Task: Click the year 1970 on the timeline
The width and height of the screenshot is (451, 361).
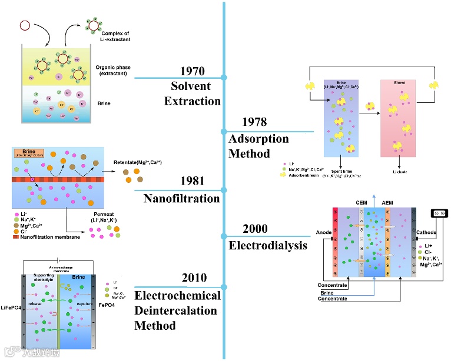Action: coord(193,71)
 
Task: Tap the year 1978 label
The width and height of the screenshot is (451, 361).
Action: coord(254,122)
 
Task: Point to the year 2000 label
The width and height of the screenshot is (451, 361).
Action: coord(254,229)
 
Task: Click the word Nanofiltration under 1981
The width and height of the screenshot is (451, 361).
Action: coord(181,199)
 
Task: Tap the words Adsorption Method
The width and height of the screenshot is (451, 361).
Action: coord(258,146)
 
